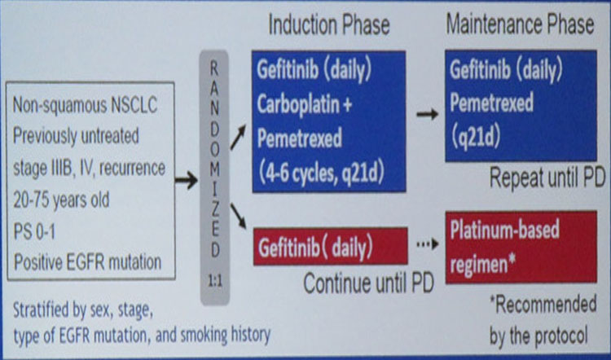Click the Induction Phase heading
[329, 24]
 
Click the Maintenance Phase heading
[520, 24]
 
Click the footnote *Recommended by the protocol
[543, 318]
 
